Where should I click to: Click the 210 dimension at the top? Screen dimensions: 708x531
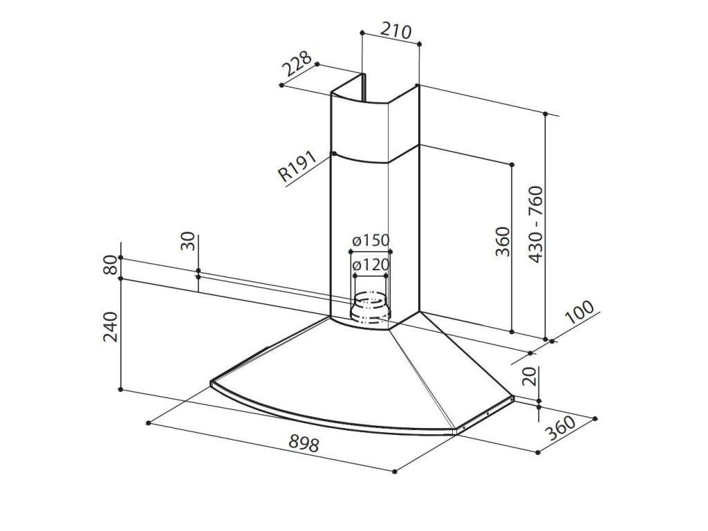point(396,31)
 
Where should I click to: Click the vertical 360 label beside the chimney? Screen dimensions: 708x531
point(503,241)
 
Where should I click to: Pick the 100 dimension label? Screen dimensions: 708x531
point(579,315)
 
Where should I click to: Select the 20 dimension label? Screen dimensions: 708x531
point(530,376)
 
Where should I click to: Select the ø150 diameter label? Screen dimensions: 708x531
point(370,241)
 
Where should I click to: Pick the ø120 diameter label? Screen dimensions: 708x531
point(370,264)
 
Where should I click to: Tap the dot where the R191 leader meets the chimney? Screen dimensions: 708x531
point(333,153)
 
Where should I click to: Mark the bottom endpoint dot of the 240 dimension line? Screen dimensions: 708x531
point(121,391)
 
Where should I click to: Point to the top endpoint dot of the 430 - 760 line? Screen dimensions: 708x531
point(546,113)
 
